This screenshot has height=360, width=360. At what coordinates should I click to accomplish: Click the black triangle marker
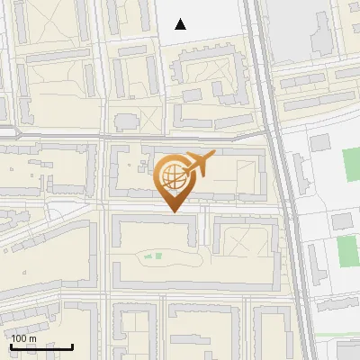pos(181,24)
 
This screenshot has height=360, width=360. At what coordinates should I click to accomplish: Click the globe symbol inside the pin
pos(171,175)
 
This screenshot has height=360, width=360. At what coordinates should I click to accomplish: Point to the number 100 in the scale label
pos(20,338)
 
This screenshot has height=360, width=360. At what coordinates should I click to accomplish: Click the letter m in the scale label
pos(32,338)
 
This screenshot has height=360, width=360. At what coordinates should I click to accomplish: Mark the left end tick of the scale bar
pos(9,346)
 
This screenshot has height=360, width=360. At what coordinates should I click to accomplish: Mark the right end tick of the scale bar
pos(73,346)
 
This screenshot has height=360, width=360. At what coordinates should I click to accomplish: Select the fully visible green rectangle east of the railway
pos(346,250)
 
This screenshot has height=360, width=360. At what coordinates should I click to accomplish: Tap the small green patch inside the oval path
pos(157,256)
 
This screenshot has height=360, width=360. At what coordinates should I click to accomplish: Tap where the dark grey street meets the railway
pos(266,137)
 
